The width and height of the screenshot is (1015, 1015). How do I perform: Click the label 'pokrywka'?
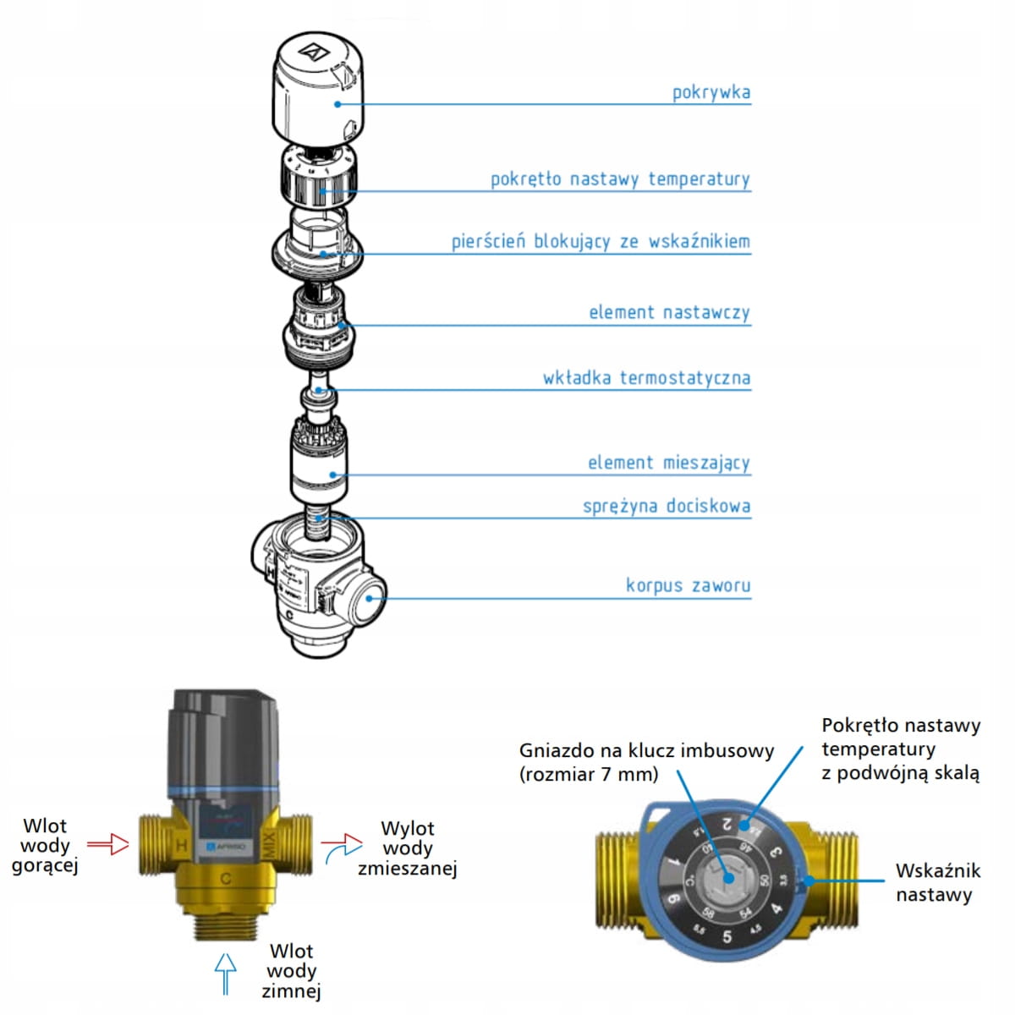coord(710,92)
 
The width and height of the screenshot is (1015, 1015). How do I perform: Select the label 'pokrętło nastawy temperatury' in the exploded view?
coord(620,179)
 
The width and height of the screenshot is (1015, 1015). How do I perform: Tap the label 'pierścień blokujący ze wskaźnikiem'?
coord(601,242)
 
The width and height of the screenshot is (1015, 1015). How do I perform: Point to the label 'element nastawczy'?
coord(669,313)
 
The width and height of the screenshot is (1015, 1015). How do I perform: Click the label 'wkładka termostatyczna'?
coord(646,378)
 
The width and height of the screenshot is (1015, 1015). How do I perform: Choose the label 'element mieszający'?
coord(668,463)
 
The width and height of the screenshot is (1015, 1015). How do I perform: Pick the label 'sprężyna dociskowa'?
coord(666,507)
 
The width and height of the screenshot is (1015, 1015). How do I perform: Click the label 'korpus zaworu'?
coord(688,585)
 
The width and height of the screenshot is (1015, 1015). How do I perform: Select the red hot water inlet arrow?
coord(107,843)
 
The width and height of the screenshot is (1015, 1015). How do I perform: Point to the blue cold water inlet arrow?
coord(225,973)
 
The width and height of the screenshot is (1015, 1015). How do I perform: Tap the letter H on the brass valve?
coord(181,845)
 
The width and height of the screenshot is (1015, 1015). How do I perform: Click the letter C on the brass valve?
coord(226,879)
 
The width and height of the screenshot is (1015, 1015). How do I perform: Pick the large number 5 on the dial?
coord(727,936)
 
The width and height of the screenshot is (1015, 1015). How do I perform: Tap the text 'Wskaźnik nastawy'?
coord(937,882)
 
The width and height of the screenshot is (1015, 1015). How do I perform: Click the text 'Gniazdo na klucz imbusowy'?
coord(646,750)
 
